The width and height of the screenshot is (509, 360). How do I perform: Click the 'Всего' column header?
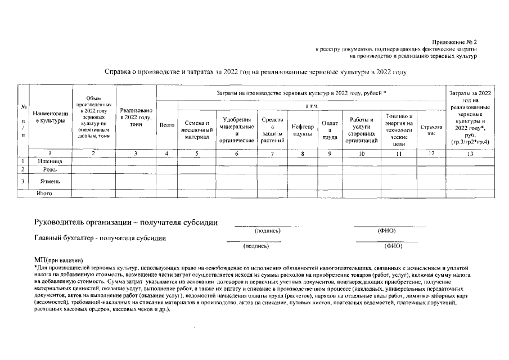166,126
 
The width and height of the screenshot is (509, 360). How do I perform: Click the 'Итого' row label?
44,193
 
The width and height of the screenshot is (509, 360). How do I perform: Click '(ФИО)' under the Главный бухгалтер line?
392,246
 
